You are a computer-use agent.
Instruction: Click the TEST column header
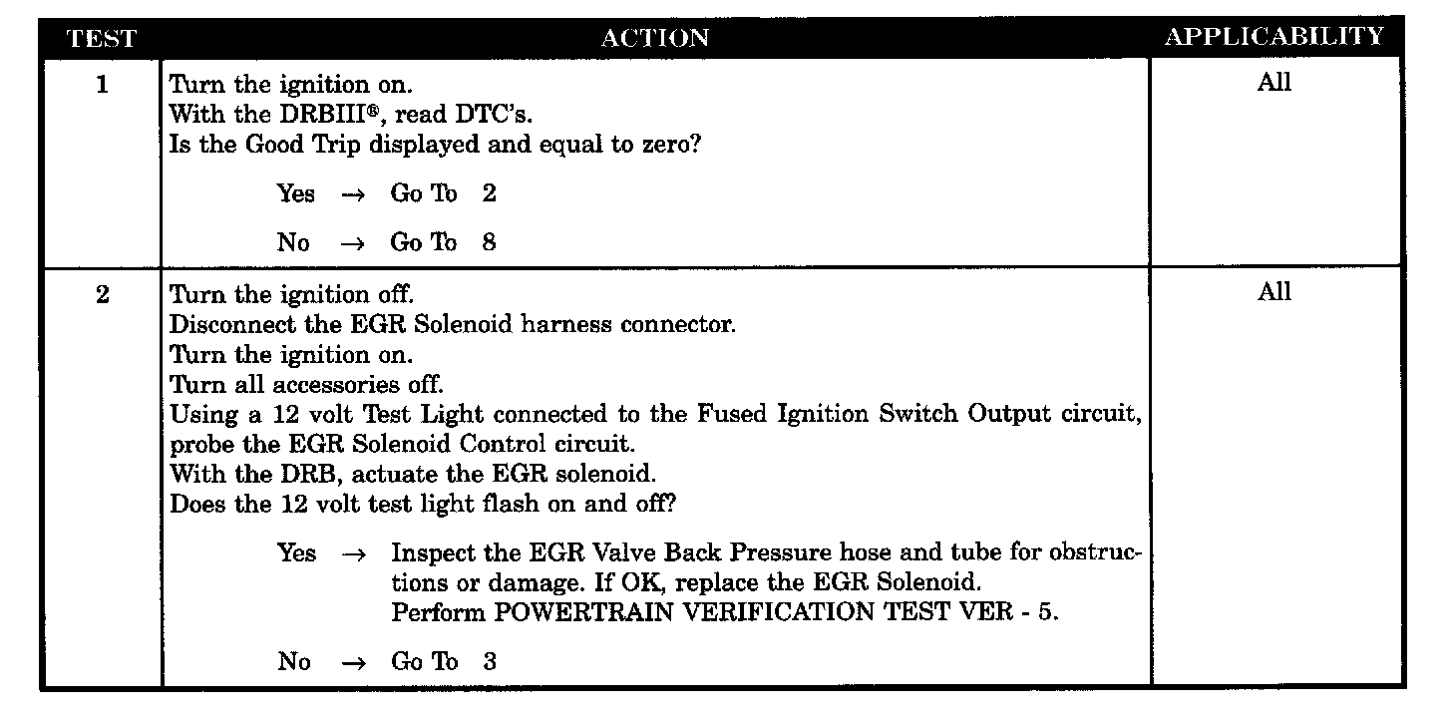(x=101, y=39)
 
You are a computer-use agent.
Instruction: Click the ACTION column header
(x=655, y=39)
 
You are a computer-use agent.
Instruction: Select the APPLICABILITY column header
(x=1274, y=37)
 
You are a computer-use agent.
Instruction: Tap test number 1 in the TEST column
(x=102, y=85)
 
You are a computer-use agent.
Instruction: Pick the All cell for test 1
(x=1274, y=83)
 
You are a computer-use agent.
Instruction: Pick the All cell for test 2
(x=1274, y=292)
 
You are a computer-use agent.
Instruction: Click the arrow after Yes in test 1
(x=354, y=194)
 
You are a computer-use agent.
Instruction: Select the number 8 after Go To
(x=489, y=242)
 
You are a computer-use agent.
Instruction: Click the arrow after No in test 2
(x=354, y=662)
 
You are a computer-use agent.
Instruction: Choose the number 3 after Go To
(x=489, y=662)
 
